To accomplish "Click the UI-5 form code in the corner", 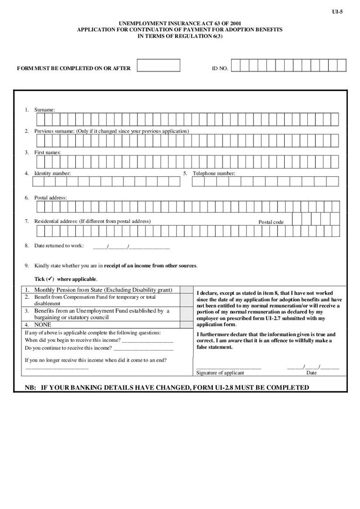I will [x=337, y=12].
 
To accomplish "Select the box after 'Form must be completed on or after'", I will [x=158, y=66].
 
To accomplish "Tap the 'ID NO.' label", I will [x=220, y=68].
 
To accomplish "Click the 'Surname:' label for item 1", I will [x=45, y=109].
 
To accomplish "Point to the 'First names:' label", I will [x=47, y=152].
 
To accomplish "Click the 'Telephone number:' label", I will [x=214, y=173].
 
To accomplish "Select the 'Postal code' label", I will [x=271, y=222].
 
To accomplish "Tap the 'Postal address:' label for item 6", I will [x=50, y=197].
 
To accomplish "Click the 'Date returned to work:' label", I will [x=59, y=245].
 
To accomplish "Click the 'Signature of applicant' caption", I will [x=220, y=373].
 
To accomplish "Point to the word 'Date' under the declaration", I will [x=311, y=373].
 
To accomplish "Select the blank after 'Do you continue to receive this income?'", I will [x=143, y=348].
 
